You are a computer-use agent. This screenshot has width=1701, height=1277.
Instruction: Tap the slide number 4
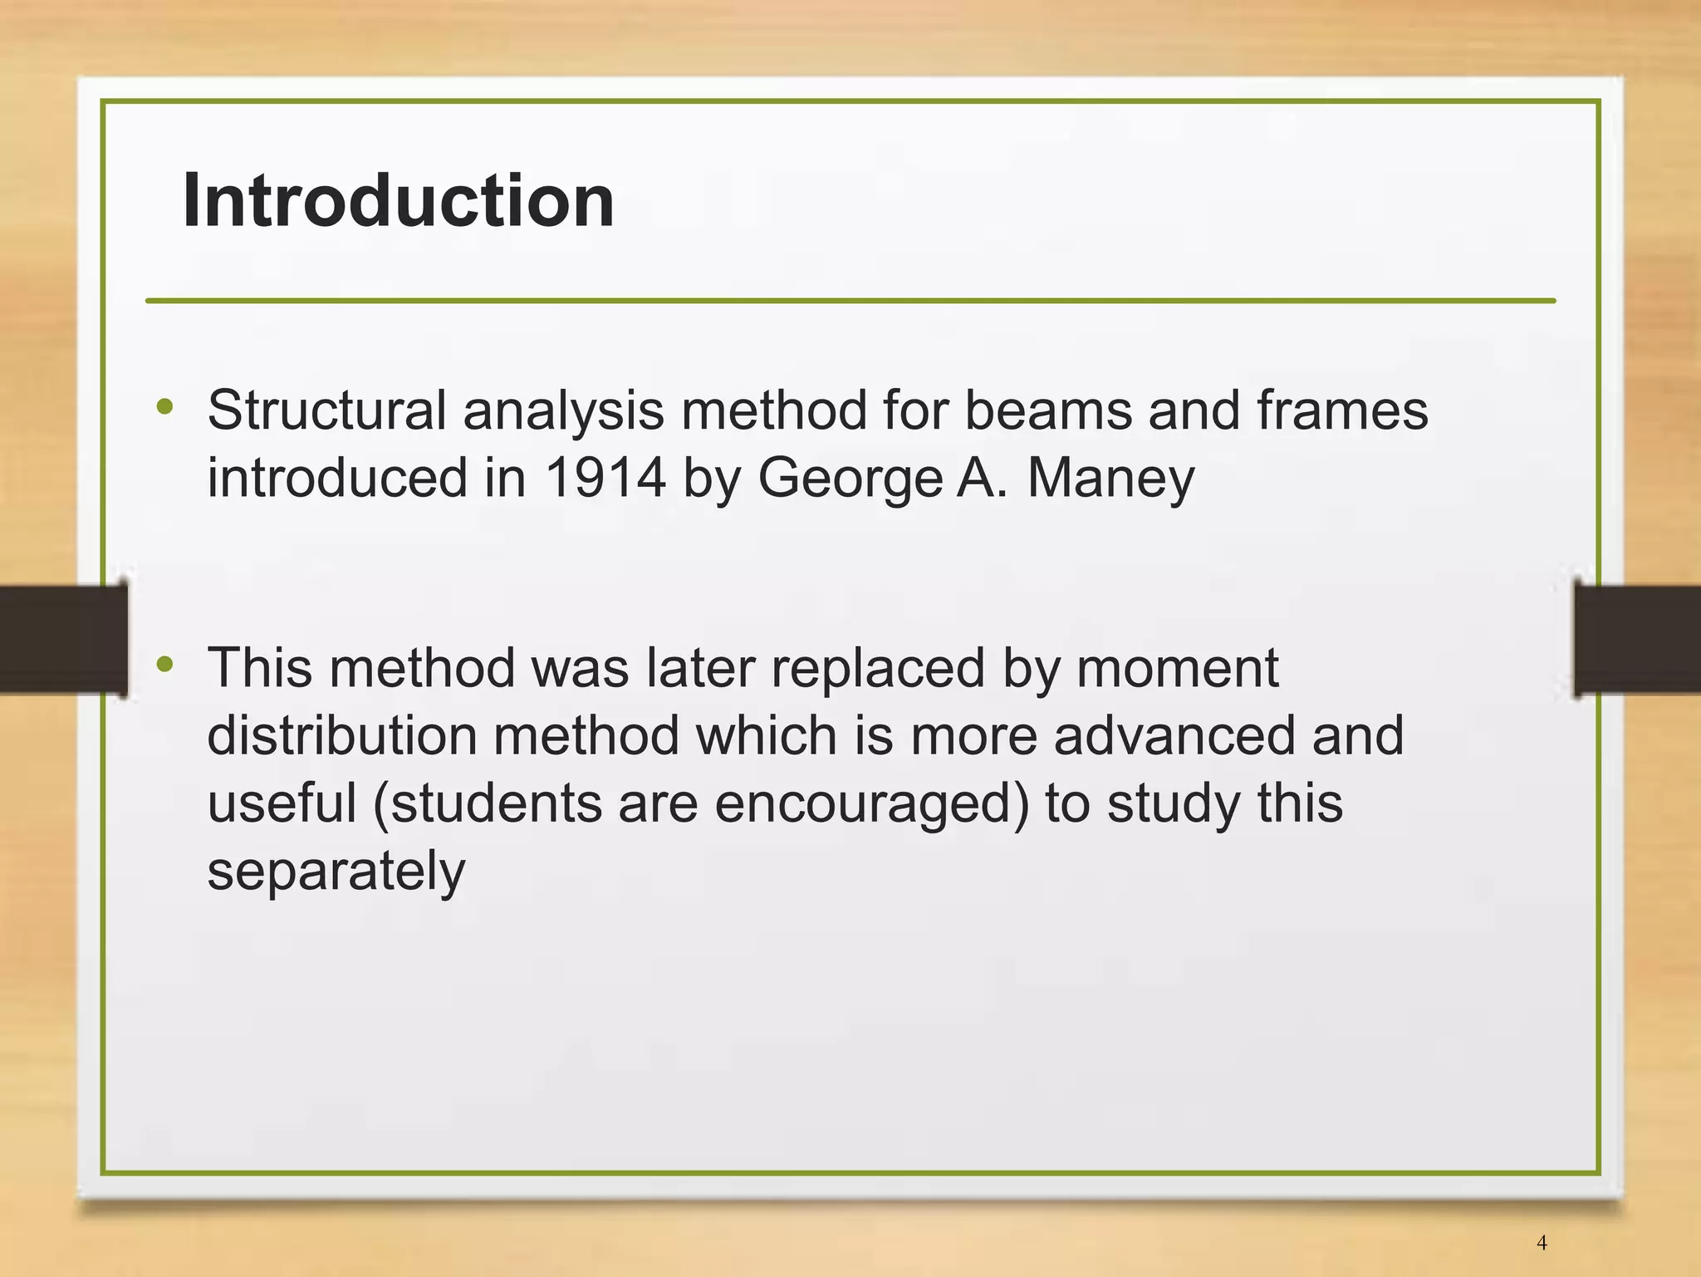(x=1542, y=1243)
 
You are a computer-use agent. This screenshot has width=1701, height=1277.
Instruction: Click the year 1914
(x=605, y=478)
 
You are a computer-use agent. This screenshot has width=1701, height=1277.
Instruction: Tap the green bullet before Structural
(x=165, y=407)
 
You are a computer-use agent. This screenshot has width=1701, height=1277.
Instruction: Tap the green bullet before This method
(x=165, y=665)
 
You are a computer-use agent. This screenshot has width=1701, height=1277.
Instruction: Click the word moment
(x=1177, y=669)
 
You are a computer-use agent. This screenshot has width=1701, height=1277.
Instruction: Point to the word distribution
(x=341, y=736)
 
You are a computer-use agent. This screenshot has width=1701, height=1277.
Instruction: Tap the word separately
(x=336, y=872)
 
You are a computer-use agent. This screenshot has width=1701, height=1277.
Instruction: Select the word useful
(x=282, y=803)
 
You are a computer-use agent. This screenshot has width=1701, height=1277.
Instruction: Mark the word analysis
(x=563, y=411)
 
